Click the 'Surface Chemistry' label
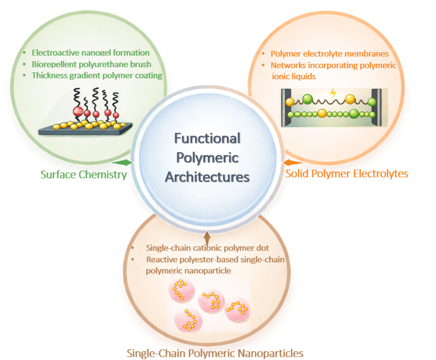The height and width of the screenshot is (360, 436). (83, 175)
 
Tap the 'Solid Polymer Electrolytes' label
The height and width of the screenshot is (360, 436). (347, 173)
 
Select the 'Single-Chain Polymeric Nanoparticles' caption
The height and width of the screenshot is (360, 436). (215, 353)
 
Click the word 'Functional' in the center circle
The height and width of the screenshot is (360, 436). (207, 138)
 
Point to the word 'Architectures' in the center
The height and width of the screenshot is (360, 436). (207, 177)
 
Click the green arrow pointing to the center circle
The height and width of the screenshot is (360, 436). (122, 162)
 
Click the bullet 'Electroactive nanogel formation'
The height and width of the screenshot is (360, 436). (91, 53)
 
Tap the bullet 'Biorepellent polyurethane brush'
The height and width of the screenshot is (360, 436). (92, 64)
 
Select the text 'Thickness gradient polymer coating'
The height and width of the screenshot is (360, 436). (97, 75)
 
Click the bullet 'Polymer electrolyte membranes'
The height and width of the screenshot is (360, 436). (330, 54)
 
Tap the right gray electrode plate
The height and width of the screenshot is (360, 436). (377, 107)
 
